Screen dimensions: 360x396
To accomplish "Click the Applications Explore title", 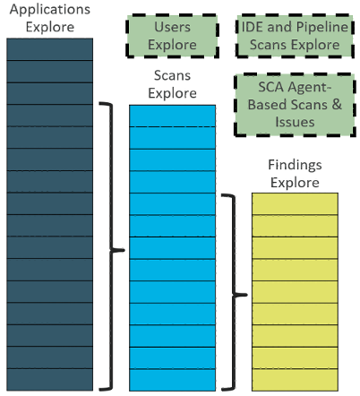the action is tap(50, 18).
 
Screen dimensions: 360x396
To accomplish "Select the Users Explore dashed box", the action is tap(172, 36).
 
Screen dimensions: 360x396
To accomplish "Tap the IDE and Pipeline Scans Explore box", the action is tap(295, 36).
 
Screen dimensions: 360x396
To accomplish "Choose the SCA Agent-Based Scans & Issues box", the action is tap(295, 105).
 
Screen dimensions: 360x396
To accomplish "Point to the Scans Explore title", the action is tap(172, 84).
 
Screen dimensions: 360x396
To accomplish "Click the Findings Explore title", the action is tap(295, 174).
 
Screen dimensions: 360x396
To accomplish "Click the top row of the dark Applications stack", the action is tap(50, 49).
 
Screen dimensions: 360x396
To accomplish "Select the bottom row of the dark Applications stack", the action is tap(50, 380).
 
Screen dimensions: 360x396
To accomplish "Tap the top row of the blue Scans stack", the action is tap(172, 116).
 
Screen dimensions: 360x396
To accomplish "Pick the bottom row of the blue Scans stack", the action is tap(172, 380).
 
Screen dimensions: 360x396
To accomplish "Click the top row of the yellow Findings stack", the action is tap(295, 203).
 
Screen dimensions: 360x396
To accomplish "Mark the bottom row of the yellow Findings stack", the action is tap(295, 380).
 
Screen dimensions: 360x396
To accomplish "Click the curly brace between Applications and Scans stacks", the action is tap(112, 246).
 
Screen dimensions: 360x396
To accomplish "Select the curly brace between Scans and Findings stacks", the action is tap(235, 293).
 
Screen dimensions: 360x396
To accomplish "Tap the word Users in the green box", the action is tap(172, 27).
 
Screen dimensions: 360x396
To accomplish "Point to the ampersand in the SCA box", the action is tap(337, 105).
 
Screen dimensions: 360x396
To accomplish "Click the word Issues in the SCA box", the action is tap(295, 122).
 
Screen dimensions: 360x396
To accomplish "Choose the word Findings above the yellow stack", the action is tap(295, 165).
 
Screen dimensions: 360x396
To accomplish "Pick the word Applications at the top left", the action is tap(50, 10).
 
